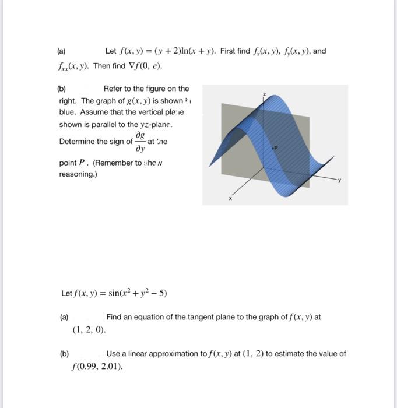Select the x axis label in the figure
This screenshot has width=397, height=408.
coord(230,198)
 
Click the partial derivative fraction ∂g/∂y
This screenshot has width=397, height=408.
coord(140,142)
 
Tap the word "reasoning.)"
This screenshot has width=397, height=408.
coord(78,174)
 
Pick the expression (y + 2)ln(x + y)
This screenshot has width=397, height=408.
coord(189,51)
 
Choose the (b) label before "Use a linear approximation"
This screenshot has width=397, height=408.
coord(64,354)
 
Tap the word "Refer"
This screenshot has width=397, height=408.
coord(113,89)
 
